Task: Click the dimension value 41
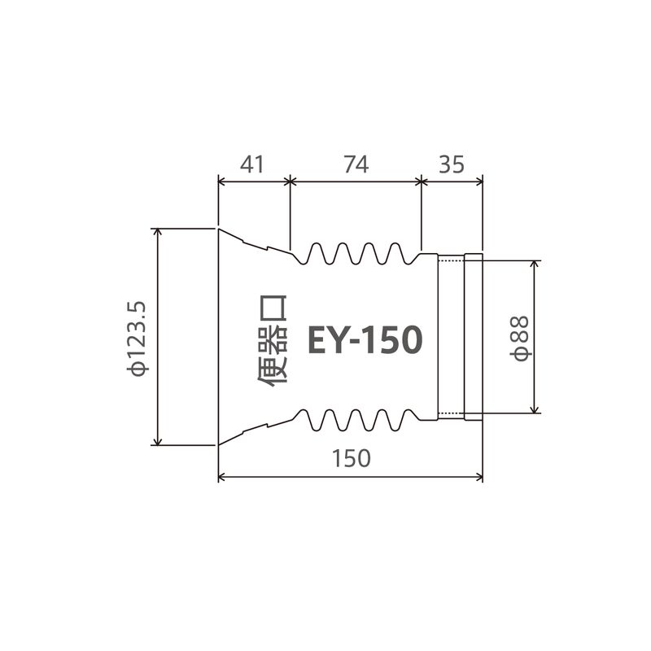(253, 164)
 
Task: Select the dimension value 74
(356, 164)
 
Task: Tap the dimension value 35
(452, 164)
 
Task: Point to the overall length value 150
(352, 458)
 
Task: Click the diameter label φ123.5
(137, 337)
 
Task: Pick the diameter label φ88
(522, 337)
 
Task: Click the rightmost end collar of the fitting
(474, 337)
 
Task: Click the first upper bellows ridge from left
(318, 245)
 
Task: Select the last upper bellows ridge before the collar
(396, 245)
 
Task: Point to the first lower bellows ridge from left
(318, 429)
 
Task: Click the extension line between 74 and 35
(422, 216)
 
